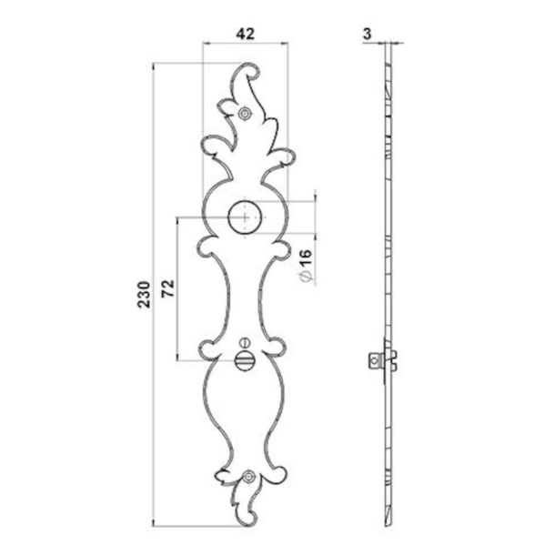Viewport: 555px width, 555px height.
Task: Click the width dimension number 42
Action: pos(245,33)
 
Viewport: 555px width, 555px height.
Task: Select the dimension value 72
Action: pos(167,289)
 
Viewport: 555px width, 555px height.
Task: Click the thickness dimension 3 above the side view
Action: pos(367,33)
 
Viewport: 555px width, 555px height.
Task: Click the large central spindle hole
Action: pos(245,217)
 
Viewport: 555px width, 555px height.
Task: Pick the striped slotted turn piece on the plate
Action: pos(245,361)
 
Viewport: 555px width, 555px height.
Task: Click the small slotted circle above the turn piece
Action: pos(245,343)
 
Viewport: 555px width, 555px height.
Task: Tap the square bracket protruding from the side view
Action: pos(375,359)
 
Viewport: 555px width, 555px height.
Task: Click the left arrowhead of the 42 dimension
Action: pos(204,44)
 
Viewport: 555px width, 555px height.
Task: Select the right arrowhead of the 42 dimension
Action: pos(288,44)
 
